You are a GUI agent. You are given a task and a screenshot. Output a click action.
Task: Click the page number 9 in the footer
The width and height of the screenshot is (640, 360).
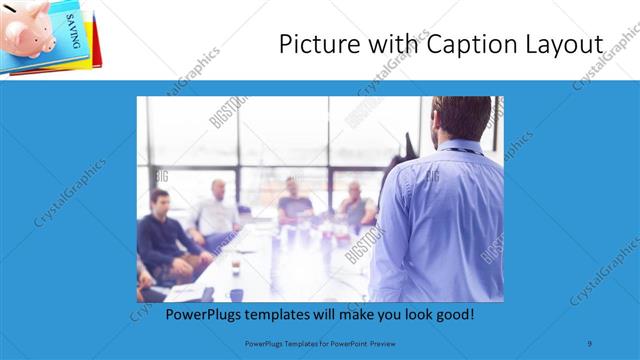[590, 343]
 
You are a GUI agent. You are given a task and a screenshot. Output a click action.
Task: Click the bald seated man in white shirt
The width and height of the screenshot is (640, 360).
[217, 210]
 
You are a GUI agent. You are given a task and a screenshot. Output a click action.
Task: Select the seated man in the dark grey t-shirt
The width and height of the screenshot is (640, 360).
[295, 200]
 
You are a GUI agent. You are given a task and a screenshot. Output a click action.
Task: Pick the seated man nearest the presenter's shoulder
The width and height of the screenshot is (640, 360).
[355, 205]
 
